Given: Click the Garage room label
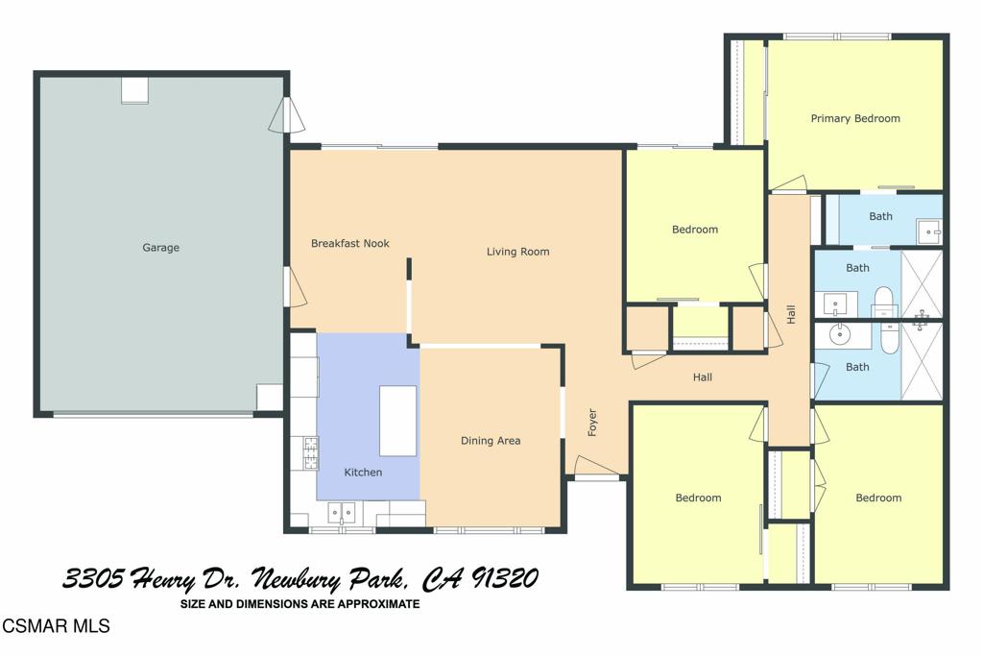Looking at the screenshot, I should coord(160,248).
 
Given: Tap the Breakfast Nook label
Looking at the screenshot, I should coord(349,244).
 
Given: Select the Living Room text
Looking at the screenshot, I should coord(517,253).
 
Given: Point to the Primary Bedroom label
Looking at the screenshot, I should coord(854,119).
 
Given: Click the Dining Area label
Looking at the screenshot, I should coord(491,441).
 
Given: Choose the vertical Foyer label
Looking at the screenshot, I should coord(592,423).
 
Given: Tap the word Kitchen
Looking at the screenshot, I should coord(363,473).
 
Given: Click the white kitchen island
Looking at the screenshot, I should coord(397,421).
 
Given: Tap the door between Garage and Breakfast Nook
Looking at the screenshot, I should coord(296,287).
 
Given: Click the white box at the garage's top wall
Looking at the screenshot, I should coord(134,90).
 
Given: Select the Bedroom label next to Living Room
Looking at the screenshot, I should coord(694,230).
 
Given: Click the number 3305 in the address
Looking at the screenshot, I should coord(94,579).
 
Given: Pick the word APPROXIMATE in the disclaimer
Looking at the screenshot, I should coord(381,604).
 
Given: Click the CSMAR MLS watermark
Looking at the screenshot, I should coord(56,627).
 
